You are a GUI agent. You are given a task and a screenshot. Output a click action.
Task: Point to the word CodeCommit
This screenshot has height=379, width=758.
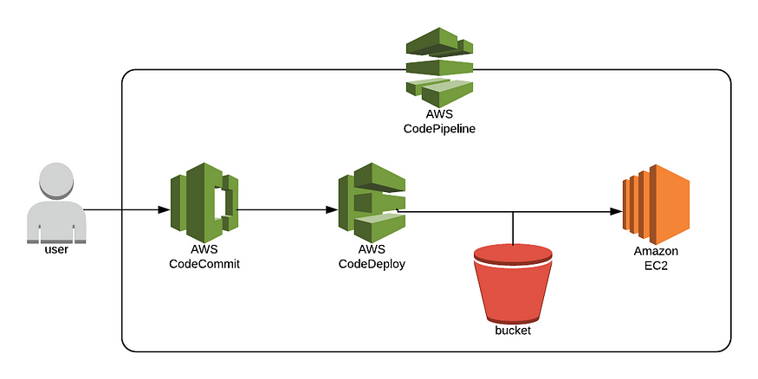pos(204,264)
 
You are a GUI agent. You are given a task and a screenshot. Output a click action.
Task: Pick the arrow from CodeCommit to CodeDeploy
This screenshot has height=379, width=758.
pos(286,210)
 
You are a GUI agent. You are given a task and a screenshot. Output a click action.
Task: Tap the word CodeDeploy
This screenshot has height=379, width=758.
pos(372,264)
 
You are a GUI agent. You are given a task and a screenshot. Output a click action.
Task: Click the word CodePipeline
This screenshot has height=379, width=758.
pos(439,129)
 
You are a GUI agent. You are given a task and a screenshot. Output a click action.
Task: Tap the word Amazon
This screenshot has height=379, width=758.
pos(655,251)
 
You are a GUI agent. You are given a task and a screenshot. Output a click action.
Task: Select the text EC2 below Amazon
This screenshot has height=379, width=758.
pos(655,266)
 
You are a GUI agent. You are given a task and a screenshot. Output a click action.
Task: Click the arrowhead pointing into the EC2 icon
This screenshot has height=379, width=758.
pos(617,210)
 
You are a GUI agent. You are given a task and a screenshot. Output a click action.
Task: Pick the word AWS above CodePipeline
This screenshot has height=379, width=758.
pos(439,114)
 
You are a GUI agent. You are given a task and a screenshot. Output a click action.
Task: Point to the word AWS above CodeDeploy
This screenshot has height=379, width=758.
pos(372,249)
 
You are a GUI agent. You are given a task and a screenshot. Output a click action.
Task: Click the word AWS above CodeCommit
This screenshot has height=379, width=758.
pos(204,249)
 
